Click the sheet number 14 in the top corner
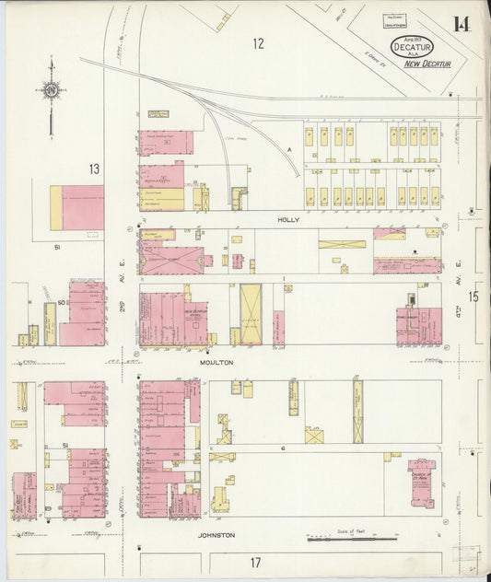pos(460,23)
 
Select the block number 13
pos(93,169)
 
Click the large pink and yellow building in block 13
pos(77,208)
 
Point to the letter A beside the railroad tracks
pos(287,148)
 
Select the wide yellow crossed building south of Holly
pos(342,245)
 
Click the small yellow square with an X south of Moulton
pos(315,435)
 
